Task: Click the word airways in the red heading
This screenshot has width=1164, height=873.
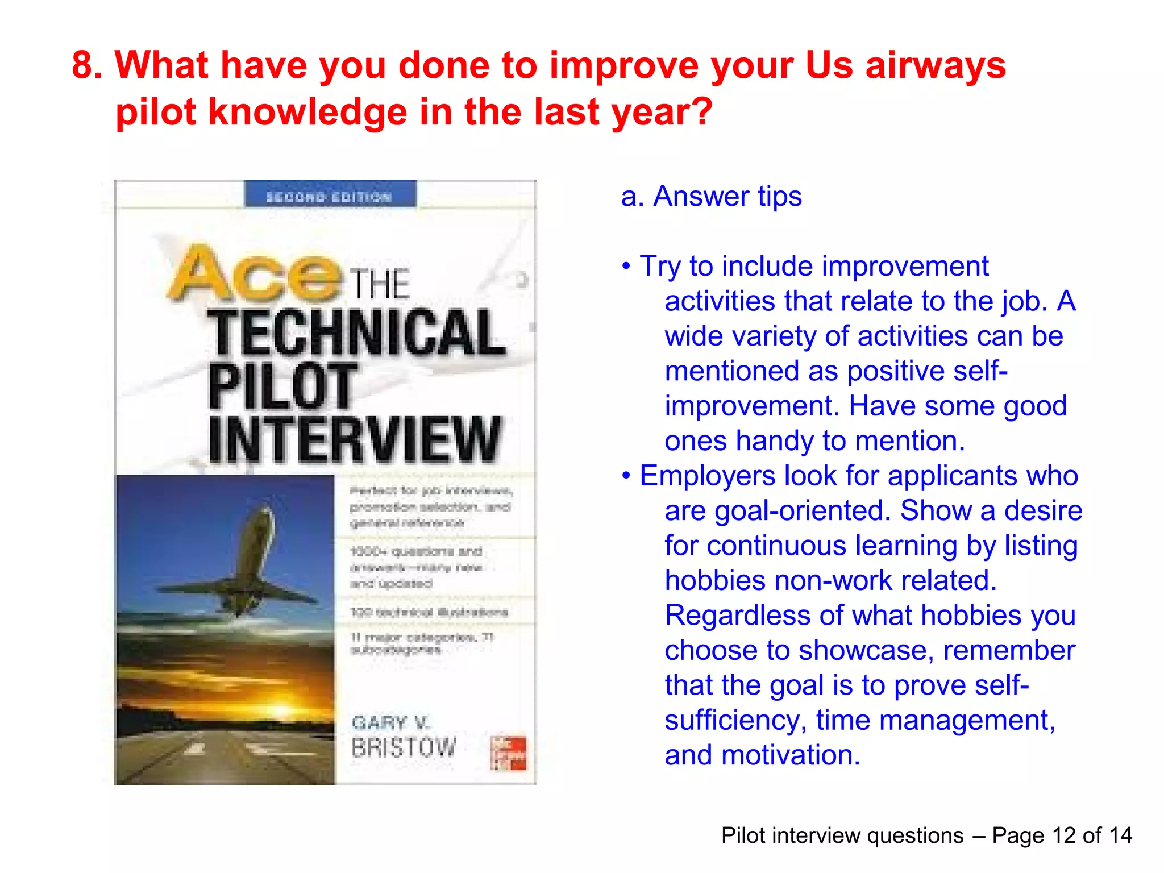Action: coord(936,66)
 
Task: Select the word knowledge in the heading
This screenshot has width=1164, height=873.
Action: coord(307,111)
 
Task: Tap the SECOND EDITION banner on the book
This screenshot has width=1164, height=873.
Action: coord(330,196)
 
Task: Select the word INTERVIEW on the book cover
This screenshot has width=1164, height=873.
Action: coord(356,440)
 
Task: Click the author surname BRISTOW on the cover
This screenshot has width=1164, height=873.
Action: coord(404,748)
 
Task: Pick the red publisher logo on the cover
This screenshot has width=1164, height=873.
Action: coord(508,754)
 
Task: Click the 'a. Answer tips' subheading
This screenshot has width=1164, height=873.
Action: coord(711,197)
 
